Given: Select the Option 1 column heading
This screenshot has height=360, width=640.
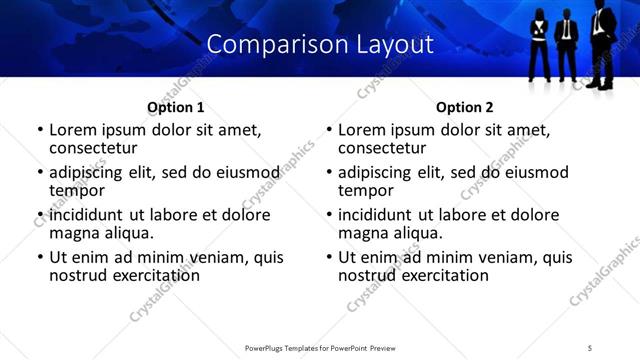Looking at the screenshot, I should [x=175, y=107].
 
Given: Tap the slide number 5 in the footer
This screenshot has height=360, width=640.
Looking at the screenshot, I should [x=590, y=348].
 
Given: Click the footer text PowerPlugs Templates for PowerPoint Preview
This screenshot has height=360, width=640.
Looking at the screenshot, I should [x=319, y=348].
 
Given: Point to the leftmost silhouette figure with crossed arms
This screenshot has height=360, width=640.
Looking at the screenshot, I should [x=538, y=45].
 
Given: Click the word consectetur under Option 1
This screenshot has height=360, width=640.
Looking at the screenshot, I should [x=92, y=148].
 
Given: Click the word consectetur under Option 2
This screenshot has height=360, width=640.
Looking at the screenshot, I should [x=381, y=148].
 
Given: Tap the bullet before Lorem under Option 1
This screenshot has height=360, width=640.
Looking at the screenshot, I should [x=40, y=131].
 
